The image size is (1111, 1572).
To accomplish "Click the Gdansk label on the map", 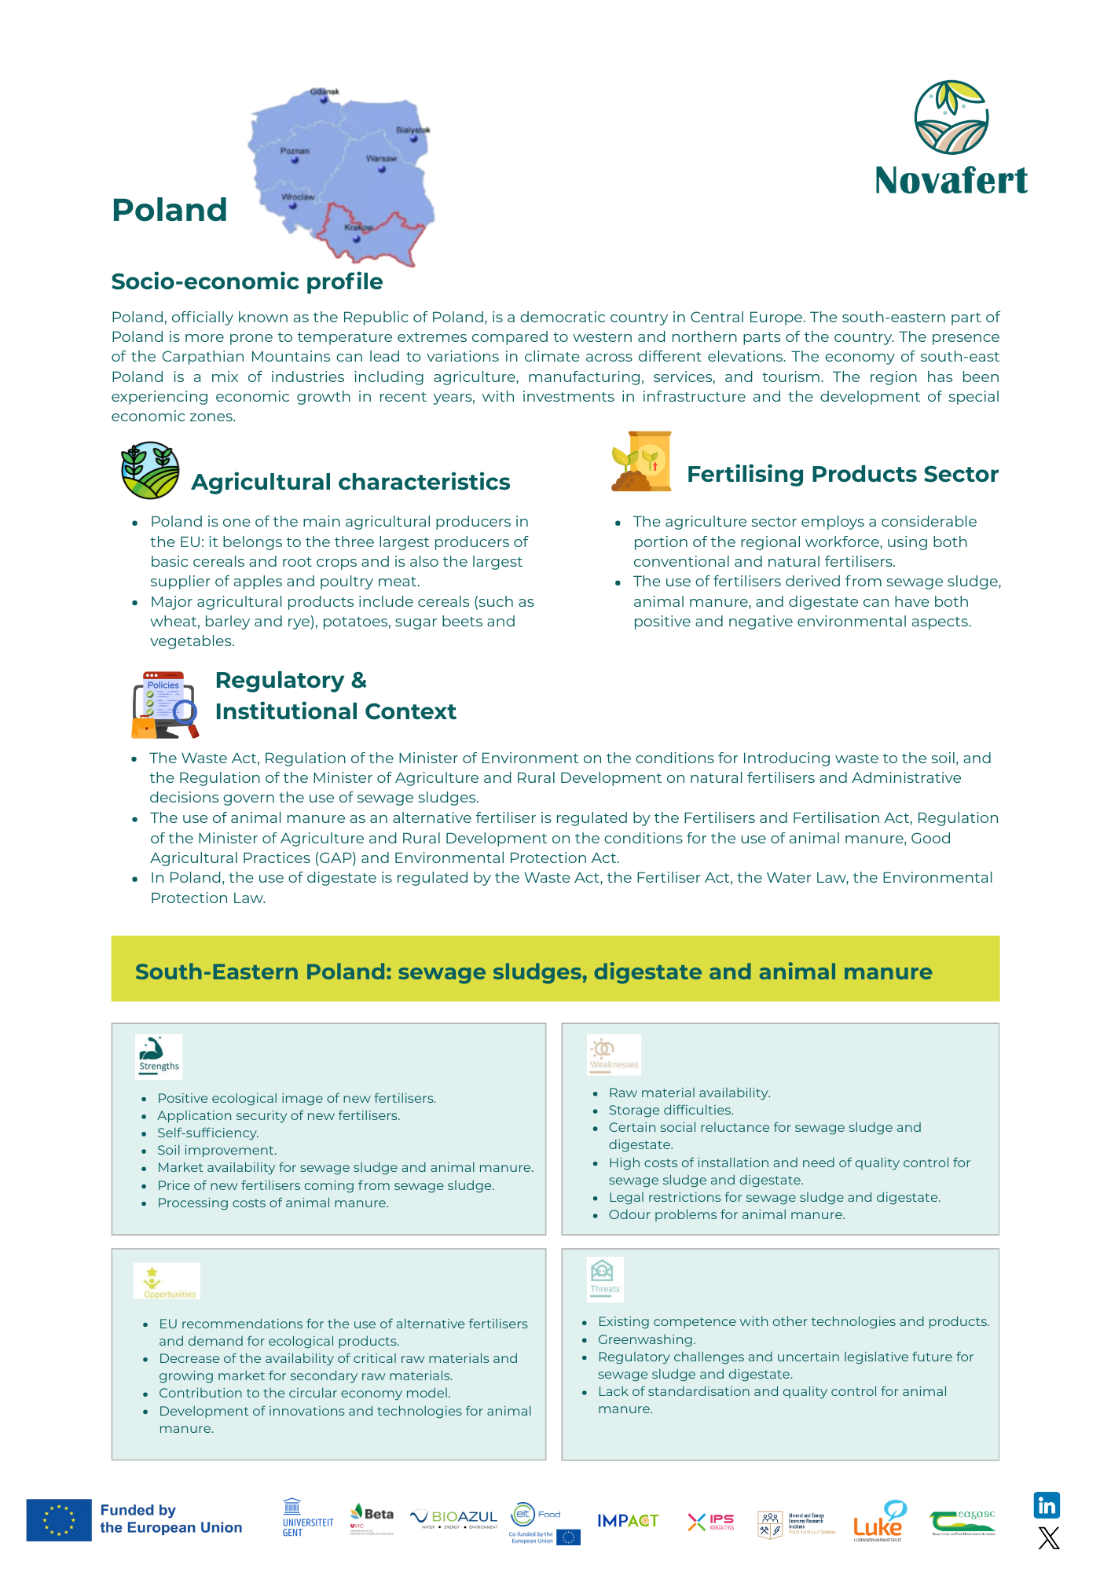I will click(324, 92).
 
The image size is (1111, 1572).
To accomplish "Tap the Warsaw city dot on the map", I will click(382, 169).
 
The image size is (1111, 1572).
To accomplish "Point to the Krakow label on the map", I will click(358, 228).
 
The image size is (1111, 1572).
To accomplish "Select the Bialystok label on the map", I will click(412, 130).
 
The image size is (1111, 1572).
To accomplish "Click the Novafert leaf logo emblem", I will click(951, 117).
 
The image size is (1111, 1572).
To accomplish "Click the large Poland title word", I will click(170, 210).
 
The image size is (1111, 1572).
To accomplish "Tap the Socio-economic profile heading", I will click(247, 281).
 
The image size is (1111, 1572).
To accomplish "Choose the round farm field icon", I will click(150, 470).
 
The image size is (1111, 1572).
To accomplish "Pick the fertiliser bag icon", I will click(642, 461).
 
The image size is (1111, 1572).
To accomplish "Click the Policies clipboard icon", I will click(164, 704).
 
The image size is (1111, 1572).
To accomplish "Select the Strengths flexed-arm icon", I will click(158, 1056).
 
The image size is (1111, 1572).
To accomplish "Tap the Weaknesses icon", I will click(614, 1054).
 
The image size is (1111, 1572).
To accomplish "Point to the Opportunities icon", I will click(167, 1281).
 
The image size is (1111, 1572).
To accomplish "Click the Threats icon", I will click(604, 1278).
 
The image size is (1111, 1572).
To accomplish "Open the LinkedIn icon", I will click(1047, 1505).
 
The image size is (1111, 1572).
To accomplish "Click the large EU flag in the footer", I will click(59, 1519).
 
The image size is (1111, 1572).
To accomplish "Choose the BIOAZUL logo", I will click(454, 1519).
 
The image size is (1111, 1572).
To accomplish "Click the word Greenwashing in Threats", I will click(646, 1339).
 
